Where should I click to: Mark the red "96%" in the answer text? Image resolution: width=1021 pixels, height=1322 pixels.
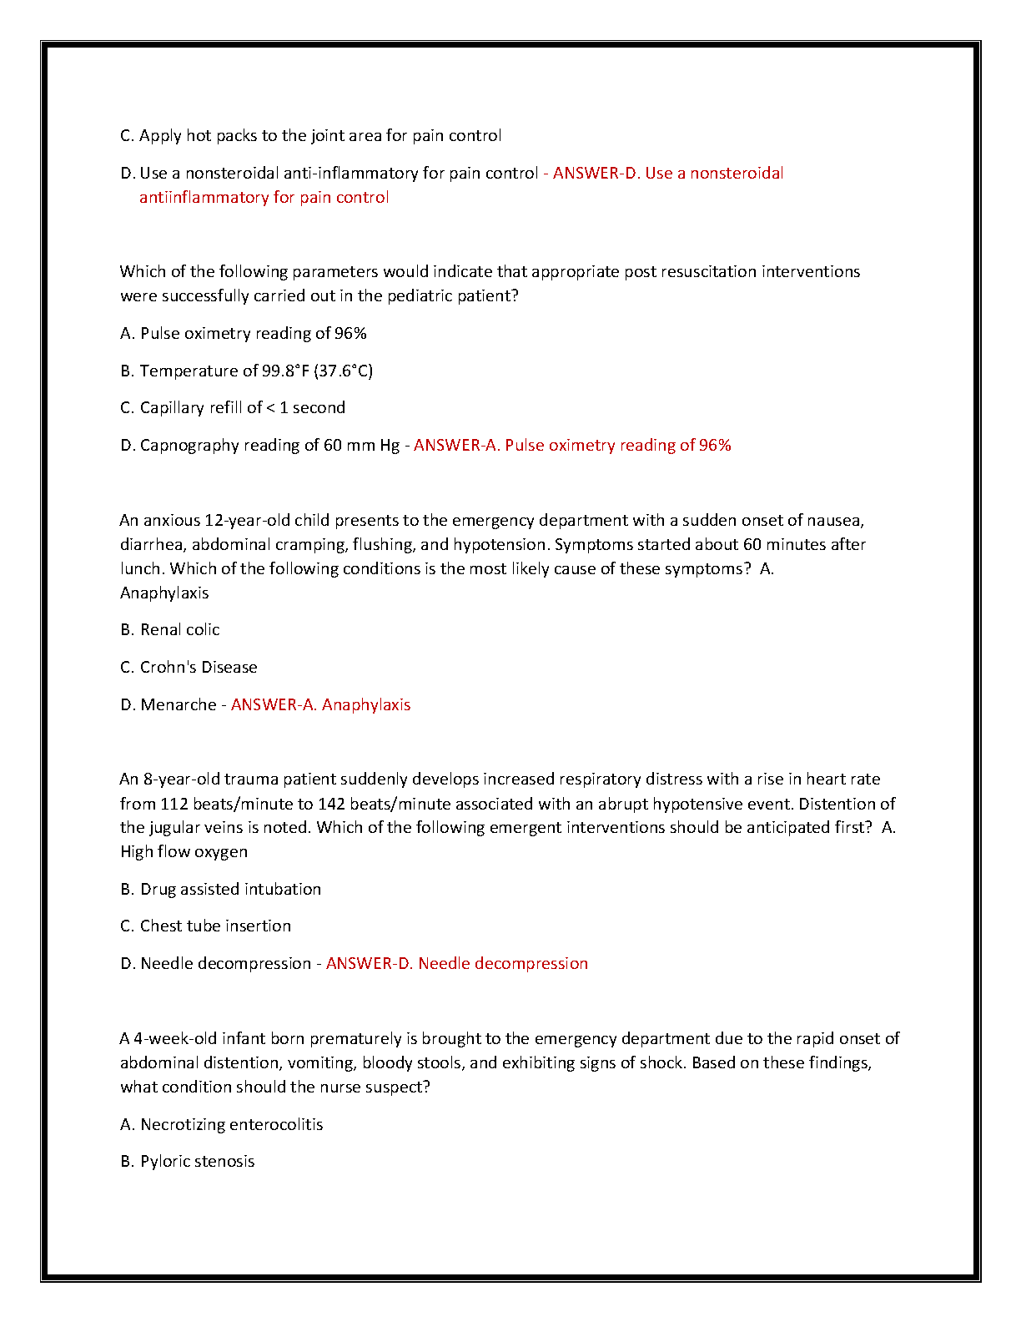click(x=715, y=446)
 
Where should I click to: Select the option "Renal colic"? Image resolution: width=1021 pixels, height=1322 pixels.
click(x=179, y=630)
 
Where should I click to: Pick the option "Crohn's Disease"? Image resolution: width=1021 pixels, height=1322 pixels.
click(x=199, y=668)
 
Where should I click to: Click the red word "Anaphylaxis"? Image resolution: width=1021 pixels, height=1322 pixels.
click(x=366, y=705)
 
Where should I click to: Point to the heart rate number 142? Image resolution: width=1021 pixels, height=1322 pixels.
click(x=332, y=805)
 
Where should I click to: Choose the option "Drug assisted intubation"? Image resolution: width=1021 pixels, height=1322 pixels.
click(x=230, y=890)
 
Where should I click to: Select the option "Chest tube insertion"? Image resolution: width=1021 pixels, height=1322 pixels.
click(x=215, y=926)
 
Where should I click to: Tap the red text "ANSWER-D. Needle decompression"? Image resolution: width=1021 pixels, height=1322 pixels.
click(x=457, y=964)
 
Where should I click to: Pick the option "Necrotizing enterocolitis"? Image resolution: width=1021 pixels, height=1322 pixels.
click(x=231, y=1125)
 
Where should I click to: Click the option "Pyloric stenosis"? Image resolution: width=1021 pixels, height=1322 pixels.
click(x=197, y=1162)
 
